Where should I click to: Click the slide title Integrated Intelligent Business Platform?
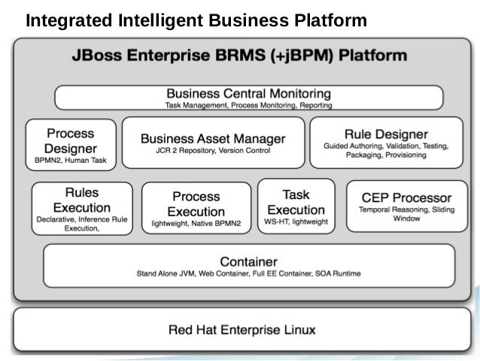(x=196, y=20)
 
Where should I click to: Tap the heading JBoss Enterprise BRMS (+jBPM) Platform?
(x=239, y=56)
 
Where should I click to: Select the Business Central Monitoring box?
(x=248, y=97)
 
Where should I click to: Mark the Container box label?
(x=248, y=261)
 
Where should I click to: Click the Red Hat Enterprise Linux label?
(x=242, y=329)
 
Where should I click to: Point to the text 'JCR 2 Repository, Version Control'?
(x=213, y=151)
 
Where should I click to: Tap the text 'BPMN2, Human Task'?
(x=71, y=161)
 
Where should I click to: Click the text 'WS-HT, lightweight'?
(x=296, y=222)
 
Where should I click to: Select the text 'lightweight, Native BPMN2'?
(x=196, y=224)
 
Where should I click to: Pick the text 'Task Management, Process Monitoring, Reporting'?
(x=248, y=105)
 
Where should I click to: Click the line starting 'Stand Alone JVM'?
(x=248, y=273)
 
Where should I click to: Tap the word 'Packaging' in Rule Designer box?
(x=366, y=154)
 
